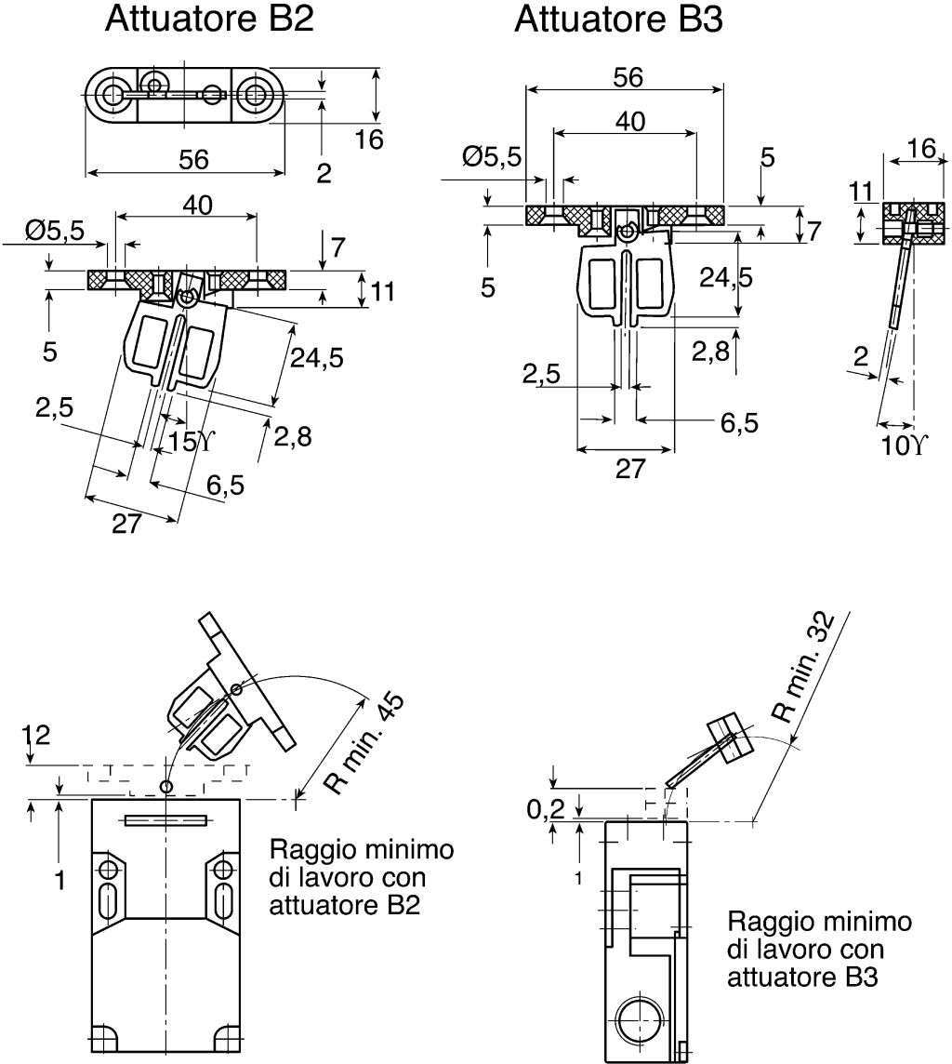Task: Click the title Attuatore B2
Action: (x=209, y=19)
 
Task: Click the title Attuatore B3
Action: (x=618, y=19)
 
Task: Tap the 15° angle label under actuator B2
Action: (x=191, y=442)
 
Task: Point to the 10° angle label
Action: (x=904, y=446)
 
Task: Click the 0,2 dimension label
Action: (x=545, y=809)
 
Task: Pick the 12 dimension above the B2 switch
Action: (x=36, y=735)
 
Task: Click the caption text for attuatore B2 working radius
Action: (x=362, y=877)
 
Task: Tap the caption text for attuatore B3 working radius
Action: (x=819, y=950)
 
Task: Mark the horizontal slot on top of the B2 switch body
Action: (x=165, y=820)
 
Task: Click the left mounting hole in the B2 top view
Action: (x=111, y=94)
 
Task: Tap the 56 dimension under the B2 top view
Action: (x=193, y=159)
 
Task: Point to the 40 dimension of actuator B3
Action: (x=630, y=122)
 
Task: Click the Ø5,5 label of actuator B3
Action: (x=493, y=157)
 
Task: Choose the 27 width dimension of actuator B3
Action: (x=630, y=469)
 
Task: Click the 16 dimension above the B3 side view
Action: (x=921, y=149)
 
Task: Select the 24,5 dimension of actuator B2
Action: (x=317, y=357)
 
